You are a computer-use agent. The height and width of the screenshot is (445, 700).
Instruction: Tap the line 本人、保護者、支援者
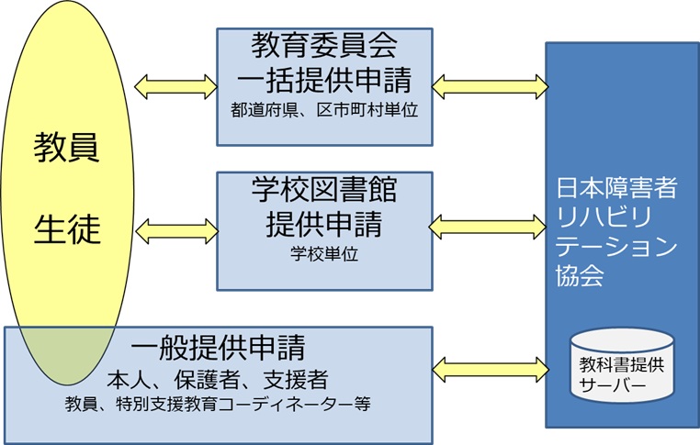[218, 378]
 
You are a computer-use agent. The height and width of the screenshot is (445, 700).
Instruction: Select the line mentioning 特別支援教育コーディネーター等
[218, 403]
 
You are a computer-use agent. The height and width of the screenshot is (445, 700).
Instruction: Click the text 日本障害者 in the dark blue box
[616, 190]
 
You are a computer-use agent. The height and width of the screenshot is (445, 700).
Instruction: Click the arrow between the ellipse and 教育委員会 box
[175, 87]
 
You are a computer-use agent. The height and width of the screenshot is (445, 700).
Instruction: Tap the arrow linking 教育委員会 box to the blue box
[490, 87]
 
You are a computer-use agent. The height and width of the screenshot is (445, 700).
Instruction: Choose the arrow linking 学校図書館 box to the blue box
[490, 225]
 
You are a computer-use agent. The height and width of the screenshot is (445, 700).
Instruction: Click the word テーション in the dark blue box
[616, 248]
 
